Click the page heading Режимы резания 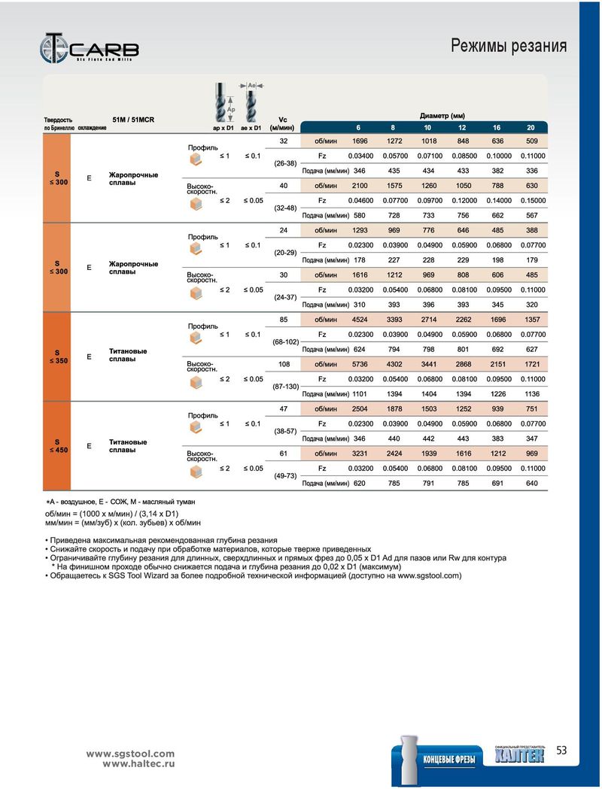tap(509, 46)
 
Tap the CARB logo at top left tap(89, 48)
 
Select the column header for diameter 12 tap(462, 128)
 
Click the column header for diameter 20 tap(531, 128)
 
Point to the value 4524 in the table tap(360, 320)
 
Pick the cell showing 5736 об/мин tap(360, 364)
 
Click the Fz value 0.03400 tap(361, 156)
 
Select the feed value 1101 tap(360, 394)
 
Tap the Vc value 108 tap(284, 364)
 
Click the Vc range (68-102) tap(285, 342)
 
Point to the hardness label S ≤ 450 tap(59, 446)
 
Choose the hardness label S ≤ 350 tap(59, 357)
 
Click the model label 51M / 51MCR tap(133, 120)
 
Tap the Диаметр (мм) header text tap(442, 116)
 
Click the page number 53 tap(561, 750)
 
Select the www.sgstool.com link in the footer tap(130, 754)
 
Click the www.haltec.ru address tap(139, 764)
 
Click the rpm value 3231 tap(360, 454)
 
